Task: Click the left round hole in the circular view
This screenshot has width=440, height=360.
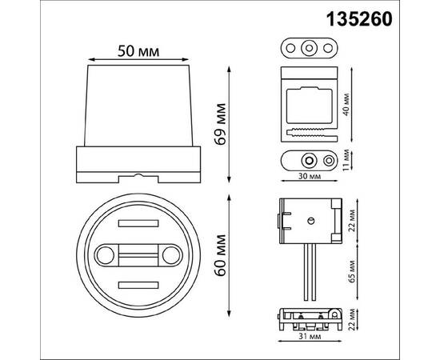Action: [104, 256]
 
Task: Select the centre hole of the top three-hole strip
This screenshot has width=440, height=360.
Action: [308, 47]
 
